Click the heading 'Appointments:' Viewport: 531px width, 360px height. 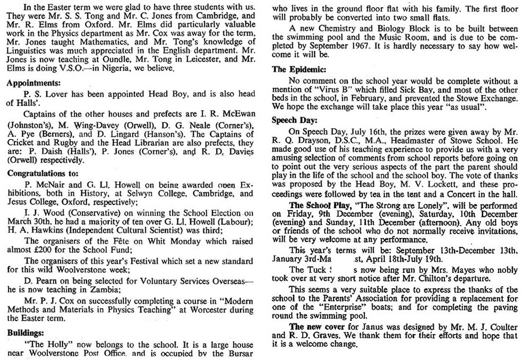(34, 83)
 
